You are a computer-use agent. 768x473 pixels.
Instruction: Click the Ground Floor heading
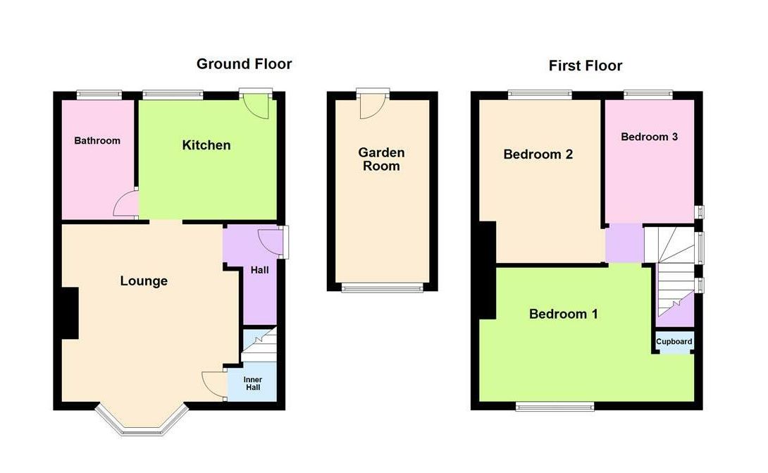[244, 64]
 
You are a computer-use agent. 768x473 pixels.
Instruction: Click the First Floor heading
[586, 66]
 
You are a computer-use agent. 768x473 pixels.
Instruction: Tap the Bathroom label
[97, 140]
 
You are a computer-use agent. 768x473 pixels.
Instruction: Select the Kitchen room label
[206, 145]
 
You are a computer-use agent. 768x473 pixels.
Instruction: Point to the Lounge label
[144, 281]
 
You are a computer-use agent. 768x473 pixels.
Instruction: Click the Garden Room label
[381, 159]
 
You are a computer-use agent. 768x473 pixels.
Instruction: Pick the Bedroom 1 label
[563, 314]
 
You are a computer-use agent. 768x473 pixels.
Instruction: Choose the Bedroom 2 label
[538, 154]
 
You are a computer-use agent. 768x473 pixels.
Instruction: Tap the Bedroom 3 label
[649, 137]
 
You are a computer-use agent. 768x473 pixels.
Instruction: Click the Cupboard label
[674, 342]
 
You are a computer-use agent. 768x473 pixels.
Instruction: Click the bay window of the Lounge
[142, 423]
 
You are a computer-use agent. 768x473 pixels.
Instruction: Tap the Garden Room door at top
[371, 106]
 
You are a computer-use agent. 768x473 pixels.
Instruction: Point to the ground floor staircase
[258, 345]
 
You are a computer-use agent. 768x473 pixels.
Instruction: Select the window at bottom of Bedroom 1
[554, 405]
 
